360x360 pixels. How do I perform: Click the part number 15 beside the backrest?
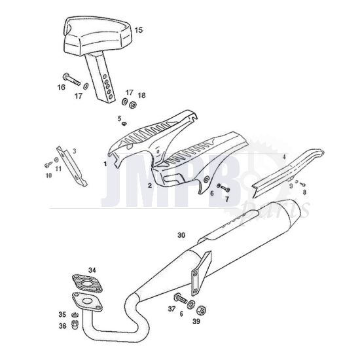[x=138, y=30]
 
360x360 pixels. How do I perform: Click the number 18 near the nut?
[x=142, y=95]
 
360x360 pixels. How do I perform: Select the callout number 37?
[x=171, y=308]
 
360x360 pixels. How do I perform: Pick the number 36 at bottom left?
[x=62, y=325]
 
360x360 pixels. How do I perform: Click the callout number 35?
[x=62, y=314]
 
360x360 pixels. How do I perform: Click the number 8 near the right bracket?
[x=303, y=192]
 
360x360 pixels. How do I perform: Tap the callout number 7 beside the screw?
[x=226, y=199]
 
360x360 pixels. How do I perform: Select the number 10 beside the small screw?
[x=48, y=174]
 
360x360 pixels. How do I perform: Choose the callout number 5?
[x=120, y=118]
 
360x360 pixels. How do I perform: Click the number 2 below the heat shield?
[x=150, y=185]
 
